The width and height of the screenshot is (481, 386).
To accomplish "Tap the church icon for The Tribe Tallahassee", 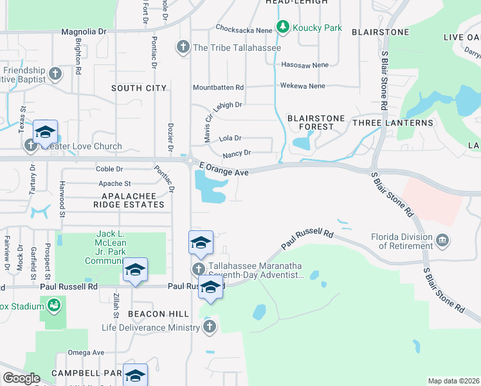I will pyautogui.click(x=183, y=47).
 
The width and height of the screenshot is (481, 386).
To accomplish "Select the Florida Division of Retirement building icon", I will pyautogui.click(x=443, y=241).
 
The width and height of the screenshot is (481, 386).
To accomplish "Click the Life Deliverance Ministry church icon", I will pyautogui.click(x=209, y=327).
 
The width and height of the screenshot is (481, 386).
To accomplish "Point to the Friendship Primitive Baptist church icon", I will pyautogui.click(x=55, y=73).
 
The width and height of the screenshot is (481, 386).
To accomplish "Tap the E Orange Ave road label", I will pyautogui.click(x=223, y=169).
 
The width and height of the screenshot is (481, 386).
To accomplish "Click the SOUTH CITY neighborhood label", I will pyautogui.click(x=138, y=88).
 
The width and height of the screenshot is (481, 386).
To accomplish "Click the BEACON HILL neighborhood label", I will pyautogui.click(x=158, y=313).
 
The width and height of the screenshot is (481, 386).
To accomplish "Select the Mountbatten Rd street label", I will pyautogui.click(x=219, y=87).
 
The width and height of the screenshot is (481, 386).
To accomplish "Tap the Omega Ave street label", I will pyautogui.click(x=86, y=353).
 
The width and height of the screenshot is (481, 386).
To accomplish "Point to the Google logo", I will pyautogui.click(x=21, y=378).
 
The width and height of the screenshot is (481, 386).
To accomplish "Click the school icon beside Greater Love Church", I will pyautogui.click(x=46, y=132).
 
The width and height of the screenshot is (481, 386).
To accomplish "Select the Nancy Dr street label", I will pyautogui.click(x=236, y=153).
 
